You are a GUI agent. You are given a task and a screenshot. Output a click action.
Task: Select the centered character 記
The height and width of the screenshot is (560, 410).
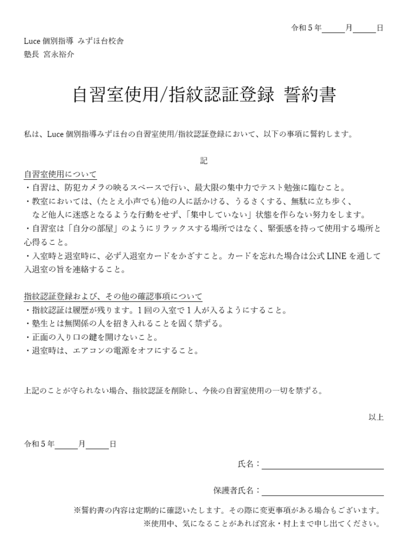(204, 160)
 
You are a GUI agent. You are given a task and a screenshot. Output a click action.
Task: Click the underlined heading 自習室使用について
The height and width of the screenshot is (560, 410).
(60, 174)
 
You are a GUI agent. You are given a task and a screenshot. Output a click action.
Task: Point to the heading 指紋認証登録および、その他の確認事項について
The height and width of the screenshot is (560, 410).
(113, 297)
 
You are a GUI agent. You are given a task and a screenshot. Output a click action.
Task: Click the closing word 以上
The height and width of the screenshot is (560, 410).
(376, 417)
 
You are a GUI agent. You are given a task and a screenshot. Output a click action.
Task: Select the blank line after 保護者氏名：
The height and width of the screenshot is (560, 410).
(322, 491)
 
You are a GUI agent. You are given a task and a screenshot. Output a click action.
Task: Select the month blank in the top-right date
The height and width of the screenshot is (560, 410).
(334, 28)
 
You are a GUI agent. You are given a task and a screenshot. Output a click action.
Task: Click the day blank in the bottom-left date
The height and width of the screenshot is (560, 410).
(98, 444)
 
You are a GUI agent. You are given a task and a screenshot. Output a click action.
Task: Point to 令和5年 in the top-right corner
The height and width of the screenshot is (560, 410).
(305, 28)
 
